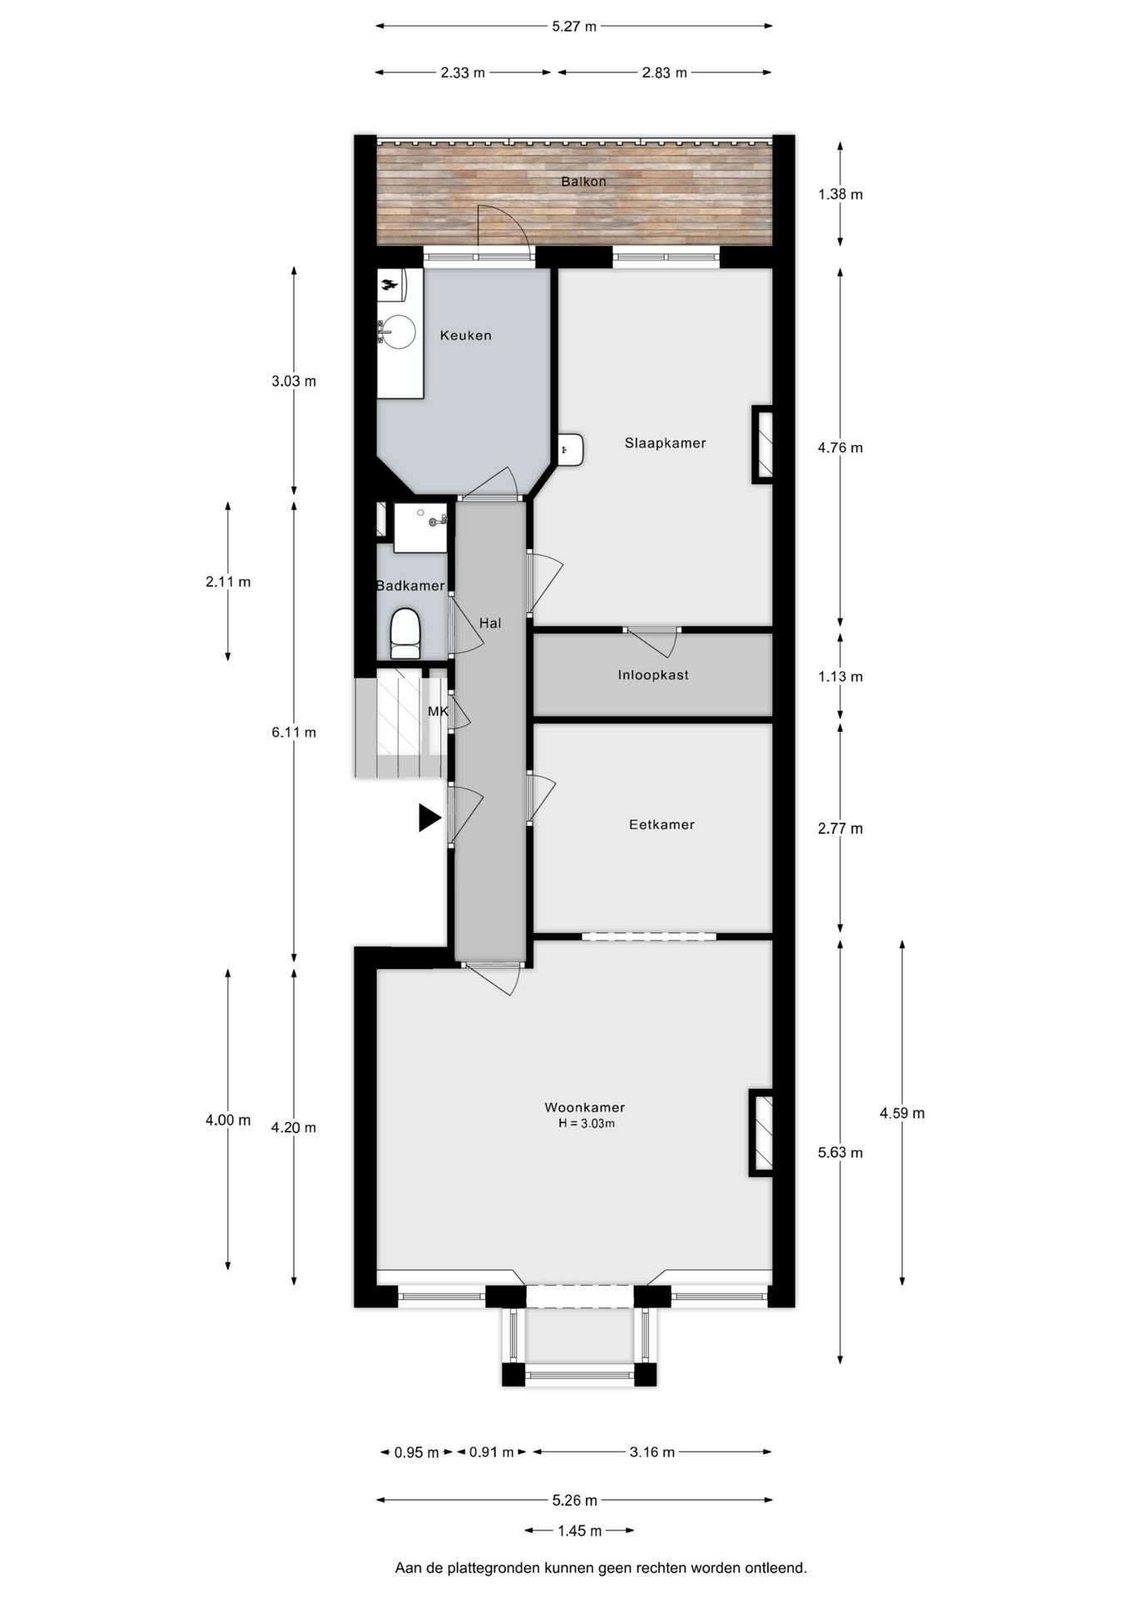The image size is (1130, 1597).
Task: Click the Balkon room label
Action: (x=582, y=181)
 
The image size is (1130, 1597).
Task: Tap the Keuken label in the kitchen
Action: (x=465, y=335)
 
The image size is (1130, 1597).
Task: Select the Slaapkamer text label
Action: (x=665, y=443)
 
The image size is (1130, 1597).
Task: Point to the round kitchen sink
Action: (x=398, y=332)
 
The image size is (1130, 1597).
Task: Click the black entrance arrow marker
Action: (x=429, y=818)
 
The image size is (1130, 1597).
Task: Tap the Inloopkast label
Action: (x=652, y=675)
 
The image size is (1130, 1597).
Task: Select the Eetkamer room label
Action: (x=661, y=825)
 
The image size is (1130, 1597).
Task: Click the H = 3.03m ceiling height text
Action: (x=586, y=1124)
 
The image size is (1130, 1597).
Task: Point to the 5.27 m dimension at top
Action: (x=574, y=26)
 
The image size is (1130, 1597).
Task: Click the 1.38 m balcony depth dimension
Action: (x=840, y=195)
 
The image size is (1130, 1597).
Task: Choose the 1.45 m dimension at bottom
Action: (x=579, y=1530)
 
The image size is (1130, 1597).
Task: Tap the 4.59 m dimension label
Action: (x=902, y=1113)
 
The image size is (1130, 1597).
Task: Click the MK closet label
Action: (x=438, y=711)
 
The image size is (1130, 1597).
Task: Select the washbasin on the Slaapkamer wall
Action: (x=571, y=450)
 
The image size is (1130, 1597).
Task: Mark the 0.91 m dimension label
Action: (x=491, y=1452)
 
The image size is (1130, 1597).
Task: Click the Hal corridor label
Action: (x=490, y=623)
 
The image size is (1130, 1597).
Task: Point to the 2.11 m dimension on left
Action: (x=228, y=582)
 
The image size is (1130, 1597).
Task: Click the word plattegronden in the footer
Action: (x=493, y=1568)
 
